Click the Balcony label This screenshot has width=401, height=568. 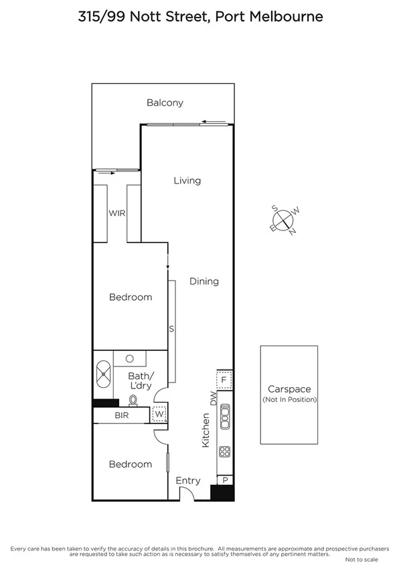(x=165, y=103)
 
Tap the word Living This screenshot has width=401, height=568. (x=187, y=180)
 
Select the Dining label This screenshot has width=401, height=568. (x=204, y=281)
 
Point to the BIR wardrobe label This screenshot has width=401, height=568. (x=122, y=416)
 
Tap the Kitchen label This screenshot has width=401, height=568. (x=206, y=430)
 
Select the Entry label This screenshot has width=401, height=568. (x=188, y=481)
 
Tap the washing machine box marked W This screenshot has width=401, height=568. (x=159, y=415)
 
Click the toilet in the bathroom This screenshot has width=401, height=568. (x=133, y=401)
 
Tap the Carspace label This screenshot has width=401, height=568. (x=289, y=389)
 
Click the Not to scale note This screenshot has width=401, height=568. (x=361, y=559)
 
